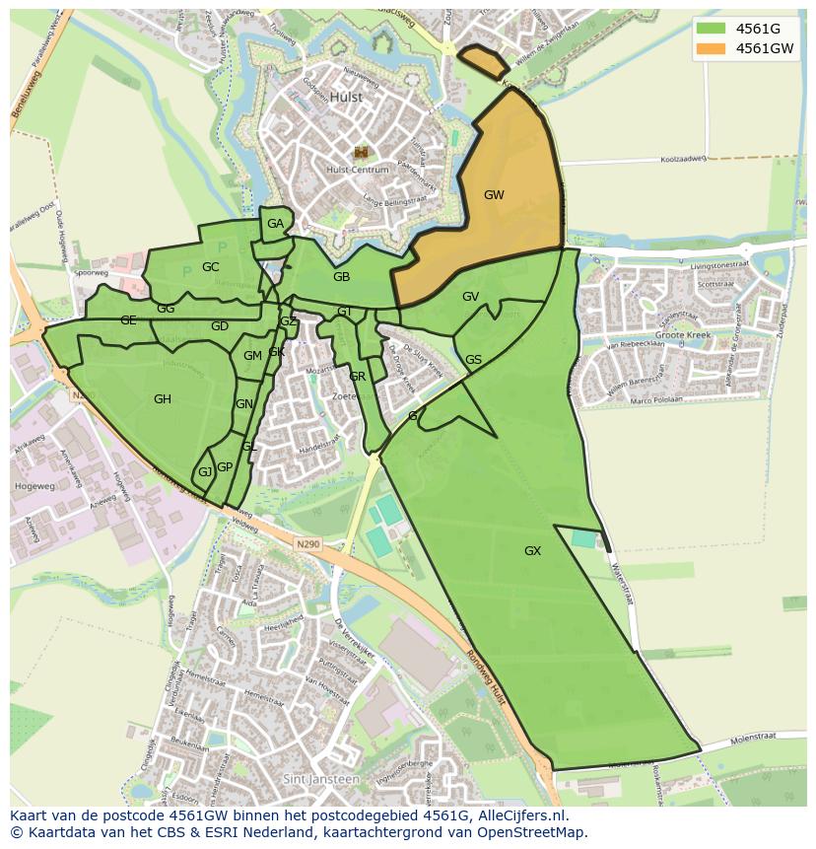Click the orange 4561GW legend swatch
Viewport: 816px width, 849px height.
point(710,48)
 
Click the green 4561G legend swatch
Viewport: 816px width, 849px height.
point(710,29)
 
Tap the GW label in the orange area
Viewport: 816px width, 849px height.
point(494,195)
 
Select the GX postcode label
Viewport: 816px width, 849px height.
point(532,551)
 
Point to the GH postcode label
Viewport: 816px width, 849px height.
point(163,399)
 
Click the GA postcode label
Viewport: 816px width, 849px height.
point(275,224)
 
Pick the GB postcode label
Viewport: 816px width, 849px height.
point(341,277)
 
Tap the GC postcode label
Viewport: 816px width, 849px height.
point(210,267)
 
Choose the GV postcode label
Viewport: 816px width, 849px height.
point(470,297)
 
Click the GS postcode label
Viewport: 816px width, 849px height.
point(473,360)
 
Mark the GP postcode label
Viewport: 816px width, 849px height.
point(225,467)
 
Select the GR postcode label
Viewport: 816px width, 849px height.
point(358,377)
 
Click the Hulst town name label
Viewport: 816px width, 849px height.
point(346,98)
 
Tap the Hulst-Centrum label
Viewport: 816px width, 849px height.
point(356,170)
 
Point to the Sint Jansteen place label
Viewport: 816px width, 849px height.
point(320,779)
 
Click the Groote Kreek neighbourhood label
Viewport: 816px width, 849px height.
point(684,336)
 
